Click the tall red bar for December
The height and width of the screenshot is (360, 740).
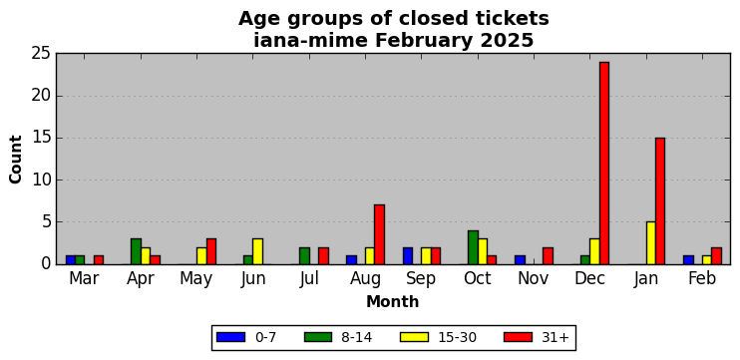pyautogui.click(x=604, y=164)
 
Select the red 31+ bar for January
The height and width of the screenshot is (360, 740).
pyautogui.click(x=660, y=201)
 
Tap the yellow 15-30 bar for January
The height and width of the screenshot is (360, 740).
pyautogui.click(x=651, y=243)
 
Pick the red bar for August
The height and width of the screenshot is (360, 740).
pyautogui.click(x=379, y=234)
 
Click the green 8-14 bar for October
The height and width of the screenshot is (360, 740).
pyautogui.click(x=473, y=247)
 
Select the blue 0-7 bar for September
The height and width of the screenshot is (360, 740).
pyautogui.click(x=408, y=255)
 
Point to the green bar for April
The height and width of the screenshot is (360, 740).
pyautogui.click(x=136, y=251)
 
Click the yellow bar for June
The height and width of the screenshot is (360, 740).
pyautogui.click(x=257, y=251)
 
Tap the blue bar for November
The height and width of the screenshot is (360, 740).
pyautogui.click(x=520, y=260)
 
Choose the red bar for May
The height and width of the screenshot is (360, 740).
pyautogui.click(x=211, y=251)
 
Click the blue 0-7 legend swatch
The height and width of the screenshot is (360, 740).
pyautogui.click(x=230, y=337)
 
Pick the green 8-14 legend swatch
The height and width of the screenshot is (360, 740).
pyautogui.click(x=319, y=337)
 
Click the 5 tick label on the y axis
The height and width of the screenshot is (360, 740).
pyautogui.click(x=46, y=221)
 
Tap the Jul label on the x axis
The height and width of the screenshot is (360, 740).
pyautogui.click(x=309, y=279)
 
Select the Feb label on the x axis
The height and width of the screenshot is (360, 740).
pyautogui.click(x=702, y=278)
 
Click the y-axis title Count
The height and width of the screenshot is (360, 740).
pyautogui.click(x=16, y=159)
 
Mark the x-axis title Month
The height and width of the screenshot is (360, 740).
pyautogui.click(x=393, y=301)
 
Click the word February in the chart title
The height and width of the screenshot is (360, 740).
pyautogui.click(x=423, y=42)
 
